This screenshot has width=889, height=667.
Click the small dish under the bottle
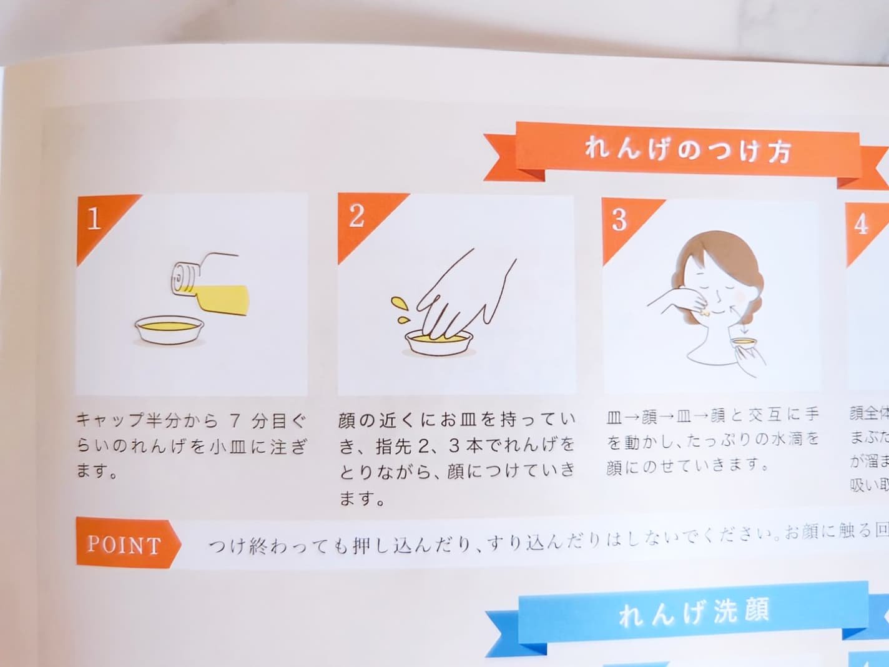[x=169, y=330]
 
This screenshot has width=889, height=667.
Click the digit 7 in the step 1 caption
[x=235, y=421]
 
